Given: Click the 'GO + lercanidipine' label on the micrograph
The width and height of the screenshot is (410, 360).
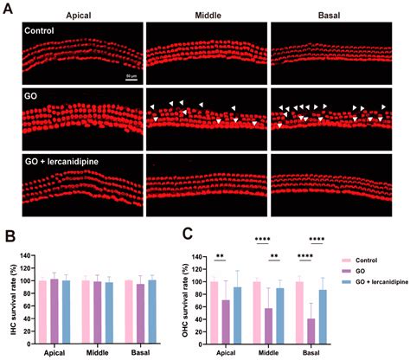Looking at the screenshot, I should [58, 161].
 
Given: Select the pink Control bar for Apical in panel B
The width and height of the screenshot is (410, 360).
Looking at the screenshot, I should [43, 313].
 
